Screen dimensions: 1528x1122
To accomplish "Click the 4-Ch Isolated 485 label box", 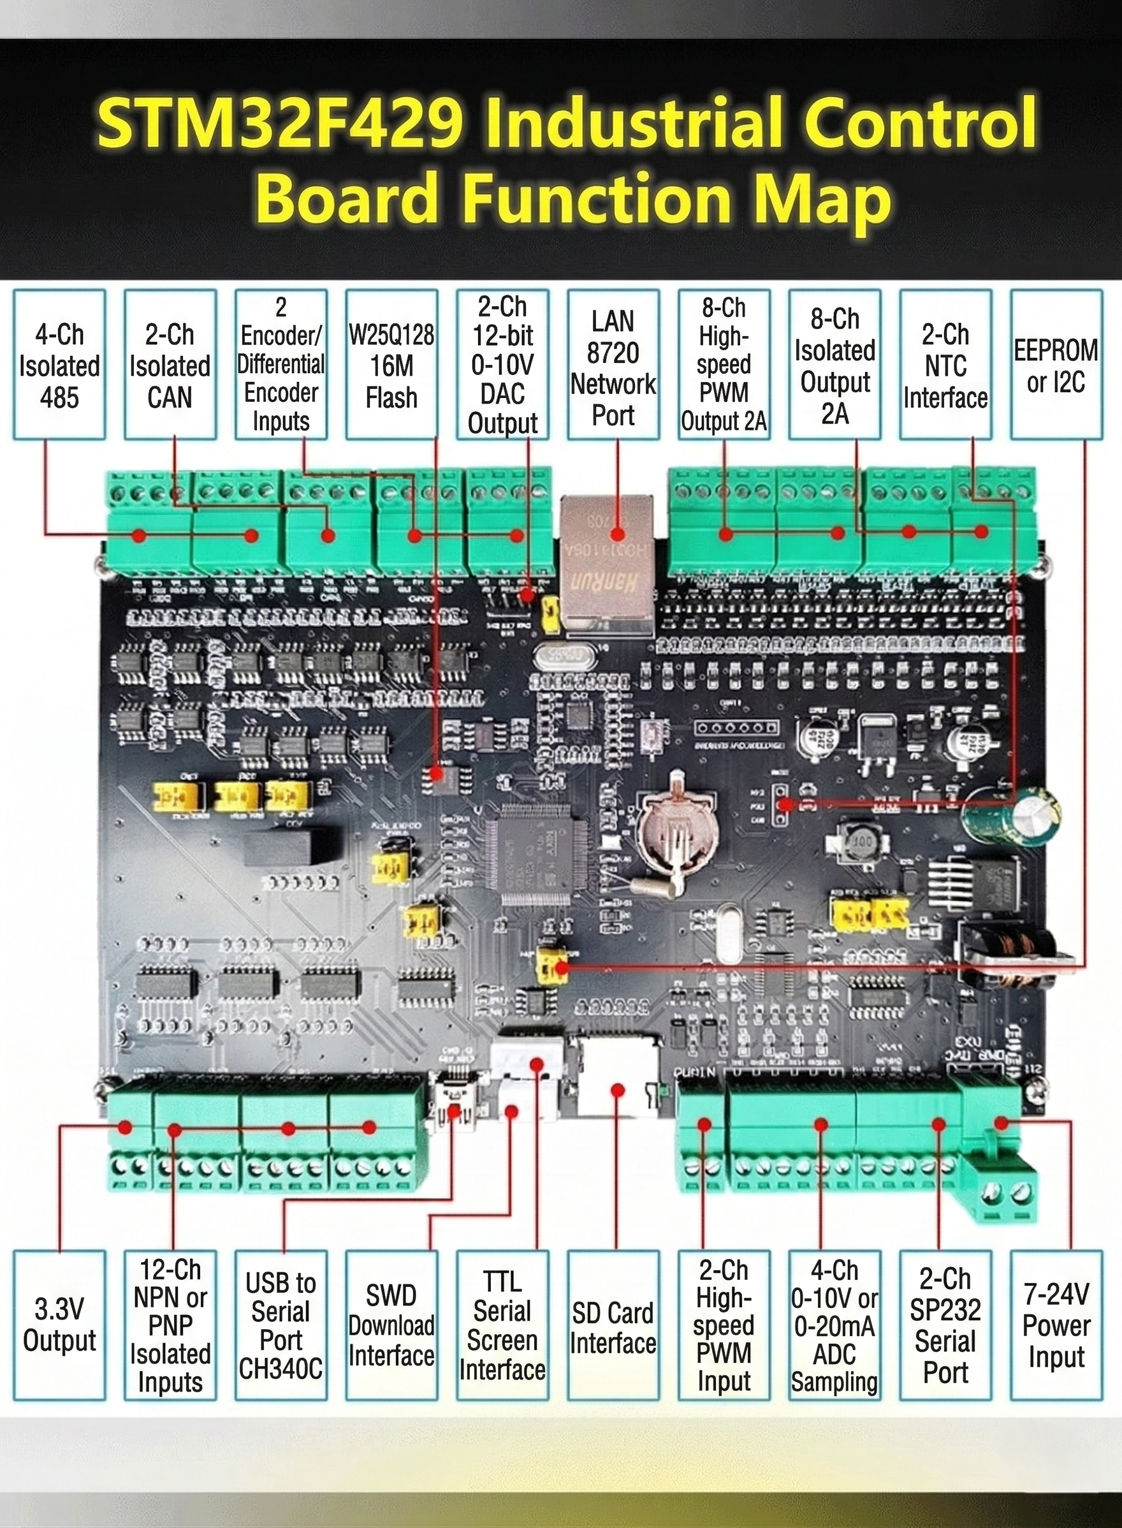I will (59, 365).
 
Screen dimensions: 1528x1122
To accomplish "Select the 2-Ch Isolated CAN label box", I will (170, 365).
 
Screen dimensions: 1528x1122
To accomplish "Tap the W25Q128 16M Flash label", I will (391, 365).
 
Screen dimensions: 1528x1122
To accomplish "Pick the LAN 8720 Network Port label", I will (613, 365).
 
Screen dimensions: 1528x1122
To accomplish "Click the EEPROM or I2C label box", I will (1056, 365).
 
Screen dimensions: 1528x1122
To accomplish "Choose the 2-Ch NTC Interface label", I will (945, 365).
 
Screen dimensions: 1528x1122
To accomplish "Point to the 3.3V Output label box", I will (59, 1324).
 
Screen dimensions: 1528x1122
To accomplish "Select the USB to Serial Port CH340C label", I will (280, 1324).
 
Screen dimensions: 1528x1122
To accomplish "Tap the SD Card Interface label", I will (613, 1324).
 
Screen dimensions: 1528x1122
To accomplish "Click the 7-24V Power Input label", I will (1056, 1324).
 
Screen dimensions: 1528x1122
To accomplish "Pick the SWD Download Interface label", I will (391, 1324).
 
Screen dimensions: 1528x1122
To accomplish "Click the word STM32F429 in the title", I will (279, 122).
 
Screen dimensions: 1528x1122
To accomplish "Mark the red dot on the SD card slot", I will (616, 1091).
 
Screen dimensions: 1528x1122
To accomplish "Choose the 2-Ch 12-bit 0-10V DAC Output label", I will (502, 365).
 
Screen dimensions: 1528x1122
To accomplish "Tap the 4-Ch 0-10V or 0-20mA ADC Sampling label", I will (834, 1324).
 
